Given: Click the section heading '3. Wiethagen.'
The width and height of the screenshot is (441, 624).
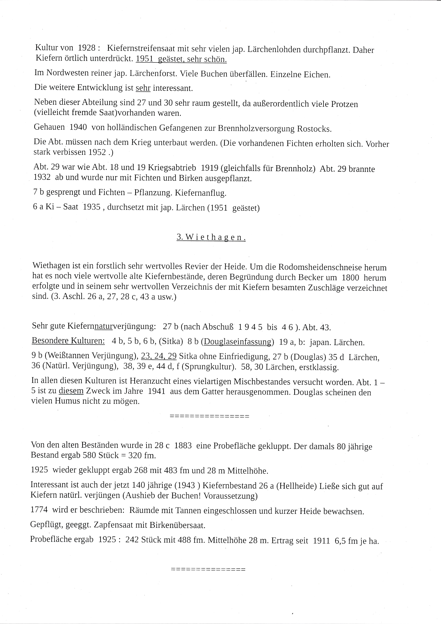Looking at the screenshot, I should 211,237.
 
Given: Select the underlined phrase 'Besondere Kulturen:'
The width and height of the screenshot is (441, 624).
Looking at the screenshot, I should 68,341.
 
